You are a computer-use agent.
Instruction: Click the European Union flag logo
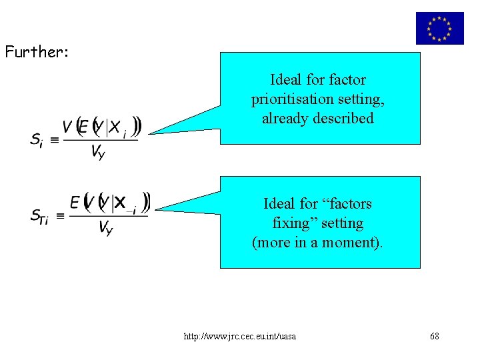pyautogui.click(x=439, y=28)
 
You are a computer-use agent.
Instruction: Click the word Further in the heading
pyautogui.click(x=29, y=52)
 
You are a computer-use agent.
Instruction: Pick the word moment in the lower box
pyautogui.click(x=355, y=242)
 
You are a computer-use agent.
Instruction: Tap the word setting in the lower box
pyautogui.click(x=341, y=223)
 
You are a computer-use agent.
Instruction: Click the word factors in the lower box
pyautogui.click(x=345, y=203)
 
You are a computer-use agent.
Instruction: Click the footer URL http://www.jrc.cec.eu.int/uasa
pyautogui.click(x=240, y=336)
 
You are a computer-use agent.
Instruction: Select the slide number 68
pyautogui.click(x=435, y=336)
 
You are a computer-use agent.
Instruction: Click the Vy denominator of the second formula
pyautogui.click(x=105, y=228)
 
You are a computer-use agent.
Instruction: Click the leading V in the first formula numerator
pyautogui.click(x=67, y=126)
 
